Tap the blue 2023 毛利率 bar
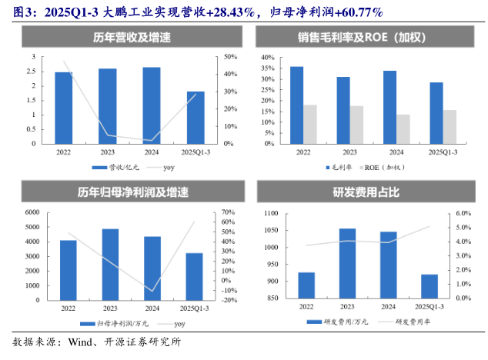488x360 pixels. pos(343,110)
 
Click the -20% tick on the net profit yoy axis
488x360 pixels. pos(229,301)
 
